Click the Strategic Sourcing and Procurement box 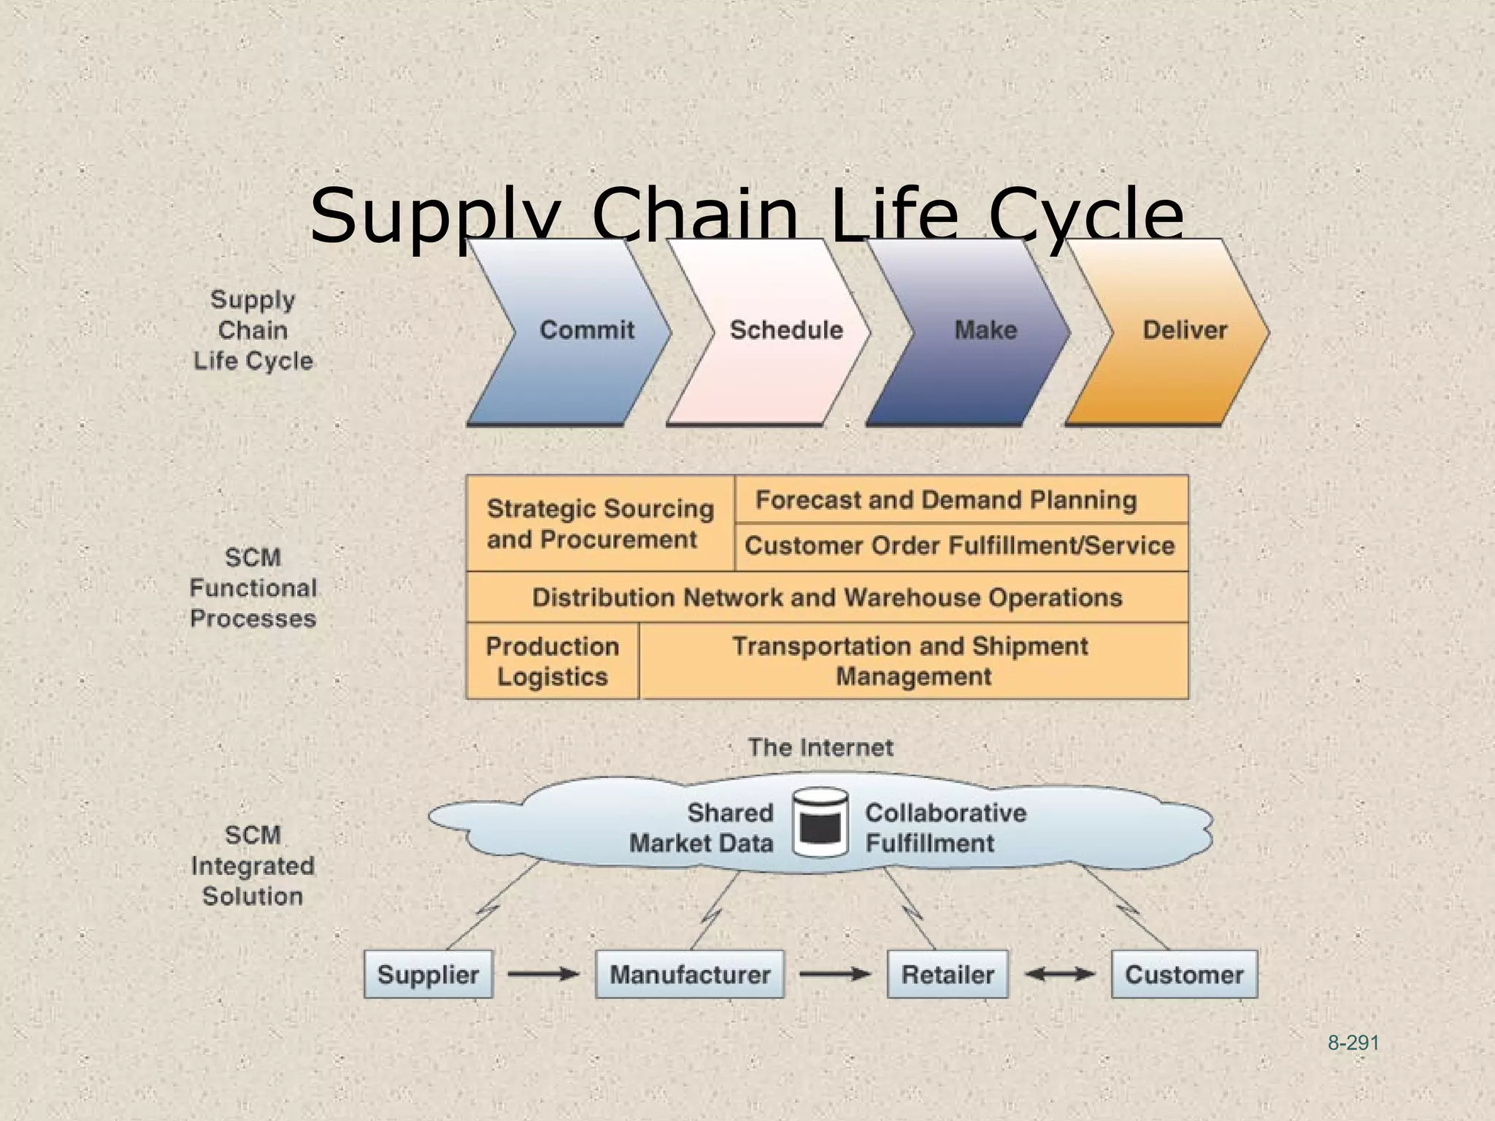tap(600, 524)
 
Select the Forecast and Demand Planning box tap(961, 500)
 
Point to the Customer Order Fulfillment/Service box tap(961, 546)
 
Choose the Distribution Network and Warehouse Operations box tap(827, 598)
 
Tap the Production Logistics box tap(553, 661)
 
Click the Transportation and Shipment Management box tap(912, 661)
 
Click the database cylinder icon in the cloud tap(820, 823)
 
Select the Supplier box tap(428, 974)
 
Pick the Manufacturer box tap(690, 974)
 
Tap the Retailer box tap(948, 974)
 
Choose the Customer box tap(1184, 974)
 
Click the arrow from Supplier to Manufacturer tap(543, 974)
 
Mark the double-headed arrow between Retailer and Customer tap(1060, 974)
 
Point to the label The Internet tap(820, 747)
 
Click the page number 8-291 tap(1353, 1044)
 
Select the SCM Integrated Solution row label tap(253, 866)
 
